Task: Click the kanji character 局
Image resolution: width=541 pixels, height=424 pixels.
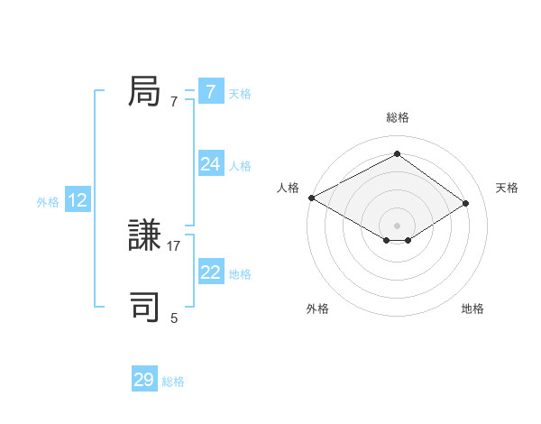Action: pos(145,91)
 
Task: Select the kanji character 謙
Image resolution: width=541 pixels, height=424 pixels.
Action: pos(145,236)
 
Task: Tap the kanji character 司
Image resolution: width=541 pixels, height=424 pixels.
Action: pos(145,308)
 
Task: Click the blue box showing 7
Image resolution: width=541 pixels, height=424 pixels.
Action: pos(210,91)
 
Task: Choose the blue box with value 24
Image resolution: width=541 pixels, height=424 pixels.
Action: pos(210,163)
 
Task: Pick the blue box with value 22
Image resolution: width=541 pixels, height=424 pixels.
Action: pos(210,272)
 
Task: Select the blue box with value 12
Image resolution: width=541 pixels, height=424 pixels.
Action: pos(77,200)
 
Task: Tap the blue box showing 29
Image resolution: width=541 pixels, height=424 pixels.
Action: pos(143,380)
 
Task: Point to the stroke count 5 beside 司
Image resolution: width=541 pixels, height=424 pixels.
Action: pos(174,318)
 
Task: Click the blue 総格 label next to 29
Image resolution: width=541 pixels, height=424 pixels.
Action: pos(173,382)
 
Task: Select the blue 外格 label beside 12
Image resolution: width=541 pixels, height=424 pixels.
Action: pos(48,202)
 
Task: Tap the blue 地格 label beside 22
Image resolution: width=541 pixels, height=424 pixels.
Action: pos(240,274)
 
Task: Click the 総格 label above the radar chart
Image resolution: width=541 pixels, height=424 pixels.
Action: pos(397,117)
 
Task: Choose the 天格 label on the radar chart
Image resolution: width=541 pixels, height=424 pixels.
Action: pos(507,188)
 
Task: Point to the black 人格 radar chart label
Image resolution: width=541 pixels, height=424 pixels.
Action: pos(288,188)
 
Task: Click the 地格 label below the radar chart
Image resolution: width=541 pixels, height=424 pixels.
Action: pos(472,309)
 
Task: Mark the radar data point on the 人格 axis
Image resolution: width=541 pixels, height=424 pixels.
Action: pos(311,198)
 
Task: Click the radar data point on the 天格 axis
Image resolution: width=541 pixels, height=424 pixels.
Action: pos(466,203)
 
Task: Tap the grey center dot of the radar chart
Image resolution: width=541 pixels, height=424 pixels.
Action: pos(397,225)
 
